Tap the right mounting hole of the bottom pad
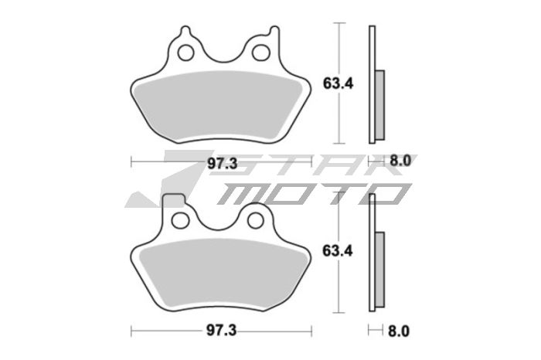point(256,221)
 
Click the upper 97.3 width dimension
point(221,162)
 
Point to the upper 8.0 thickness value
point(397,162)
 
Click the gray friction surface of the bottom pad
point(221,274)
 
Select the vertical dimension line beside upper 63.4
point(339,83)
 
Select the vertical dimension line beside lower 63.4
point(339,251)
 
